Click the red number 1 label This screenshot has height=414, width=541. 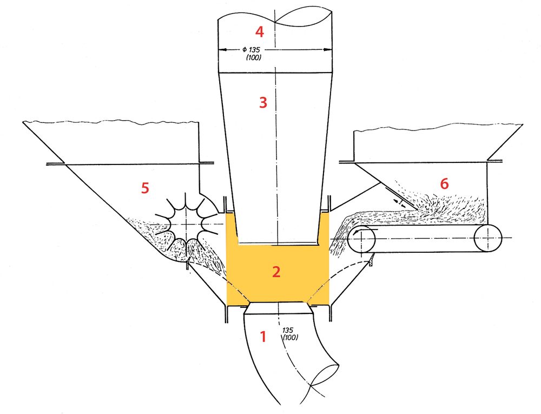click(x=263, y=337)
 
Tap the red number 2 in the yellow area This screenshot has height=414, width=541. click(x=276, y=272)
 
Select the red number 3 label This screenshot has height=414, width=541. click(x=263, y=102)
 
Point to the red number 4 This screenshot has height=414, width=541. click(x=260, y=32)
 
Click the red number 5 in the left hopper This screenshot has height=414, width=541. click(x=145, y=188)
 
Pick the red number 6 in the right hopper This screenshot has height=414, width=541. click(x=444, y=184)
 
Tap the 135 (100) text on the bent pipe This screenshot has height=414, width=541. click(x=290, y=333)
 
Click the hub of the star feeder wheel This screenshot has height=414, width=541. click(x=187, y=224)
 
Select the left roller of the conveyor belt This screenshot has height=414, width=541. click(x=362, y=238)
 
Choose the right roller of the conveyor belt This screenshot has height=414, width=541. click(x=488, y=238)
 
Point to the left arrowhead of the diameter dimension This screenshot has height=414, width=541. click(x=223, y=50)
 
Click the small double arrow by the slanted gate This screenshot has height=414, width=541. click(x=400, y=202)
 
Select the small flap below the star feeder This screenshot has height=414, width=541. click(x=187, y=265)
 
